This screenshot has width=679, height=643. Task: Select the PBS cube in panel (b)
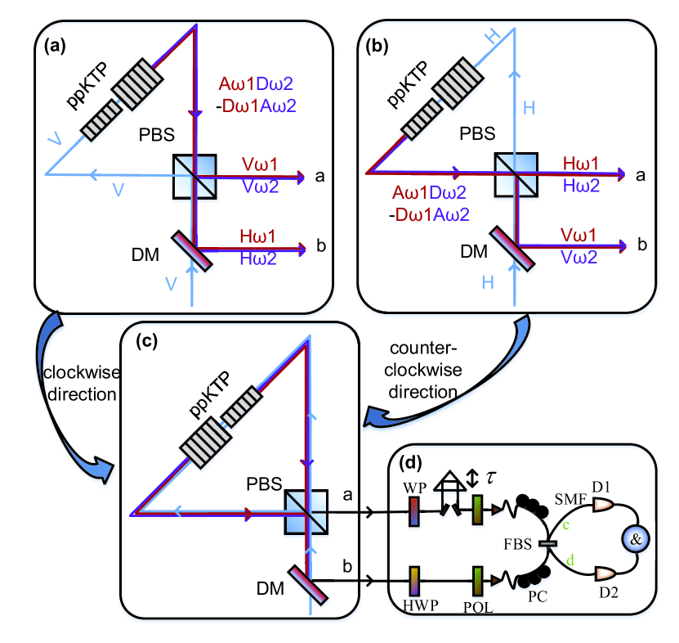click(516, 174)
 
